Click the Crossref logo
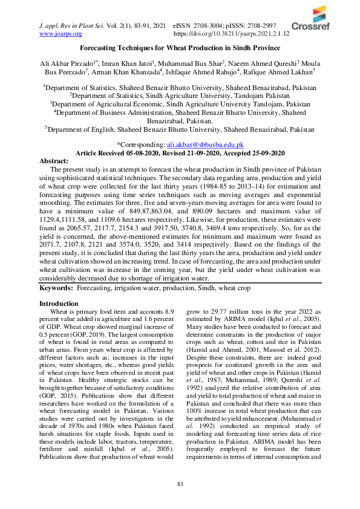311,20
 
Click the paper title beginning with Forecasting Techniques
180,48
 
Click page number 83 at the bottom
180,484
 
